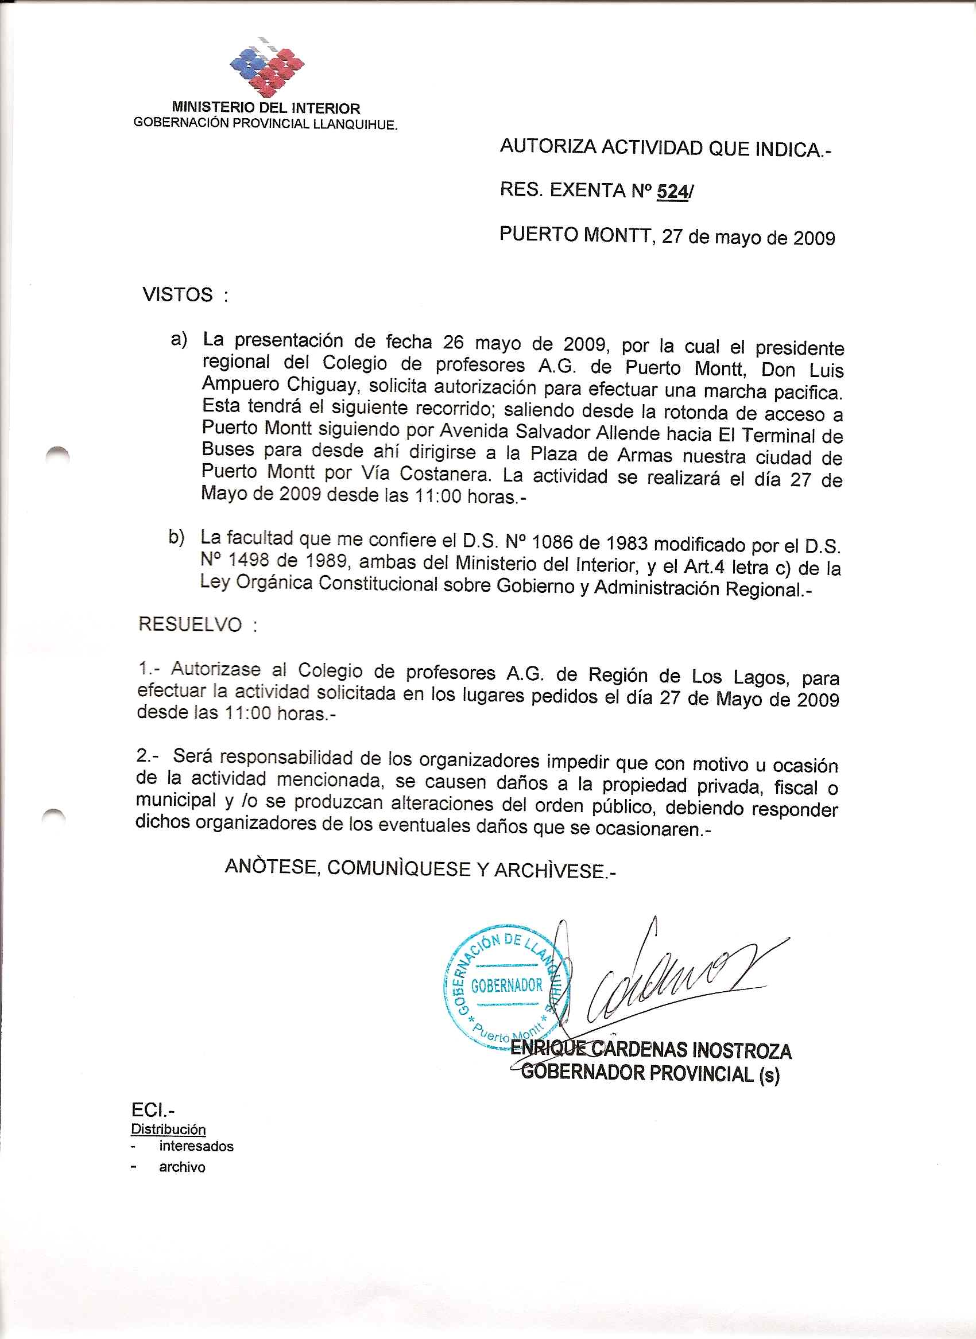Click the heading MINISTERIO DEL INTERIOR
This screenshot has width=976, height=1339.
tap(266, 108)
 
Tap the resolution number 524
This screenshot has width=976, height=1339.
tap(672, 191)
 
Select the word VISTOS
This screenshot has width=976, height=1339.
tap(177, 294)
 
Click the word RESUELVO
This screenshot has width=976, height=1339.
tap(189, 624)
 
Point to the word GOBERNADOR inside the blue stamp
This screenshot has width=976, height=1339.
tap(506, 985)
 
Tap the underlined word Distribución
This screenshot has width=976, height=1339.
tap(168, 1130)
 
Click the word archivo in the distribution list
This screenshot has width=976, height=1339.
tap(182, 1167)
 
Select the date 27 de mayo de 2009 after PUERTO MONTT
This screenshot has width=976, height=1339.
tap(748, 238)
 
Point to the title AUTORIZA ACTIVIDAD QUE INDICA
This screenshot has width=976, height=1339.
tap(665, 148)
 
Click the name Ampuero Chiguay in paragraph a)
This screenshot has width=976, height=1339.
tap(280, 385)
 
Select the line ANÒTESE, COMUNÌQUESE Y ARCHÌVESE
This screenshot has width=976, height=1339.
tap(420, 868)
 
